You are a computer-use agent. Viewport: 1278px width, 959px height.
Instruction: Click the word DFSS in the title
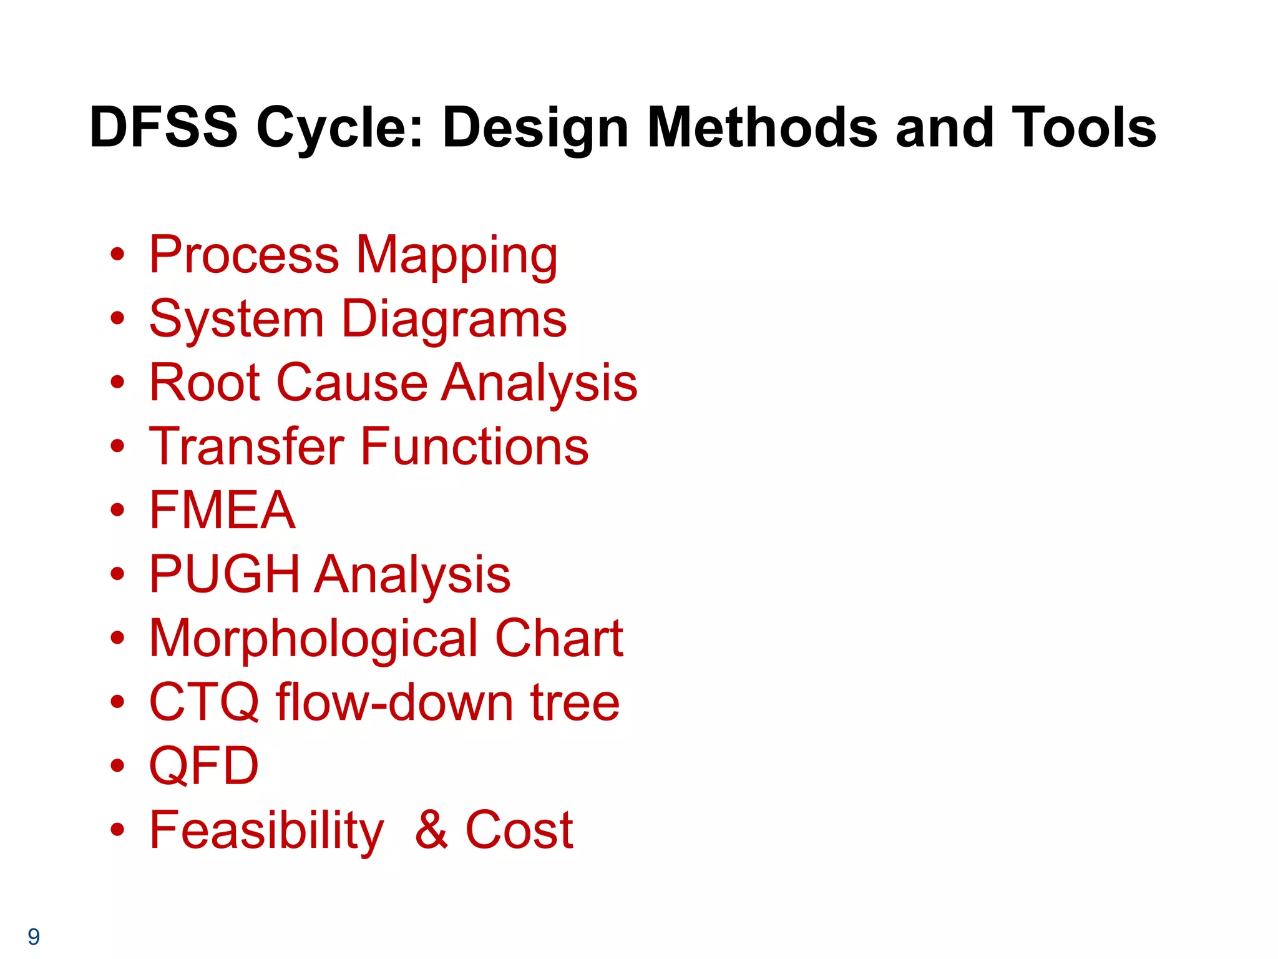(x=163, y=127)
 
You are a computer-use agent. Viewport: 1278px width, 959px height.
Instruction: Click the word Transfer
(x=246, y=446)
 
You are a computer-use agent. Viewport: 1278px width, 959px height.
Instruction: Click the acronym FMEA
(x=222, y=510)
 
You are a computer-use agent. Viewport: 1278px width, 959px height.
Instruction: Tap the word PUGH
(x=225, y=574)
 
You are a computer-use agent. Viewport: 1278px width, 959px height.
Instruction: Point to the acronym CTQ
(x=204, y=702)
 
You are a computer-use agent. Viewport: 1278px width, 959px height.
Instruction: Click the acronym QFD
(x=204, y=766)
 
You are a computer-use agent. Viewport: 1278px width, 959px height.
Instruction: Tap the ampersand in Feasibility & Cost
(x=432, y=830)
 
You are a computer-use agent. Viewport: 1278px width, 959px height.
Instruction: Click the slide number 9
(x=34, y=937)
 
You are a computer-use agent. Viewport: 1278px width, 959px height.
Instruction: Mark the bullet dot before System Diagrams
(x=117, y=319)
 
